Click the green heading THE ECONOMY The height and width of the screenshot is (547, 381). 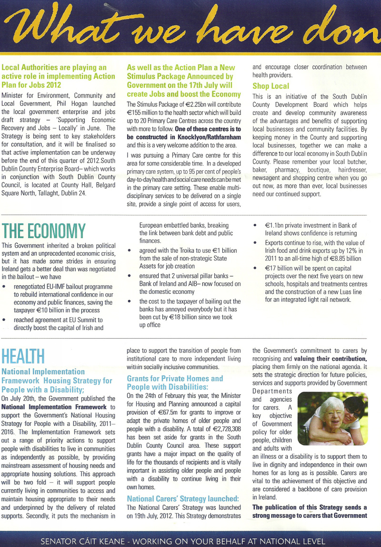44,231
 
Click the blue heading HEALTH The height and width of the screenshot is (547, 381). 23,356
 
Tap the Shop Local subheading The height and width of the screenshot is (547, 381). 271,86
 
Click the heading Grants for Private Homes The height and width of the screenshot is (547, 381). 174,378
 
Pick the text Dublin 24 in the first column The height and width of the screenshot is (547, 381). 73,193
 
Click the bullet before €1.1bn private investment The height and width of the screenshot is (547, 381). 256,226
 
